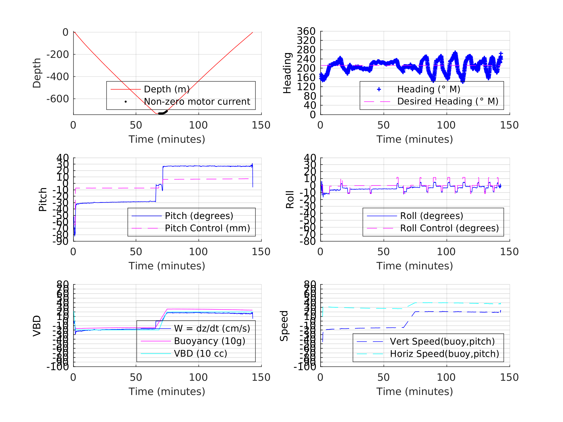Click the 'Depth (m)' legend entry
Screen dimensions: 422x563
(x=167, y=89)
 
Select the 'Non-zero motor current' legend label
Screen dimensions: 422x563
(x=197, y=102)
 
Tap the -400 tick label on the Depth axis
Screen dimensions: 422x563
(x=57, y=77)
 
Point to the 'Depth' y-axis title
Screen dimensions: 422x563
(x=37, y=73)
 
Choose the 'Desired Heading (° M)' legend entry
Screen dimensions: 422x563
(x=447, y=102)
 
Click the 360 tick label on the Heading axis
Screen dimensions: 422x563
(x=306, y=31)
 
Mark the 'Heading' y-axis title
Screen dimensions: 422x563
(x=287, y=73)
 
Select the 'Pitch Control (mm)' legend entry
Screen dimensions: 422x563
(x=207, y=228)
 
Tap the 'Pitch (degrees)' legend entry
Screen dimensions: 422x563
(x=199, y=216)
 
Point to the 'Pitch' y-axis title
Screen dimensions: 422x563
(x=43, y=199)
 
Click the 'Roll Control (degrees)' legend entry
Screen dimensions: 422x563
(x=449, y=228)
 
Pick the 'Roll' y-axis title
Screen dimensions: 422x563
(x=290, y=199)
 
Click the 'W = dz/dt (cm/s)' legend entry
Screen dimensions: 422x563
(x=212, y=329)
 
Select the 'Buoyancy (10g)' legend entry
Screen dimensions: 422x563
(x=209, y=341)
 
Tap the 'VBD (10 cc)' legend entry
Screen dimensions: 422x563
(x=200, y=354)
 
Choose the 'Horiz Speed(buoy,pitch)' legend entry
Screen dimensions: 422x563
(x=444, y=354)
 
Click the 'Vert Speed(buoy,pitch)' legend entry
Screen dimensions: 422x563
(x=442, y=342)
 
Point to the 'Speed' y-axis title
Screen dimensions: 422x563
(x=284, y=326)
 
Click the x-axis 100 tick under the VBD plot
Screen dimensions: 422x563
(x=198, y=377)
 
